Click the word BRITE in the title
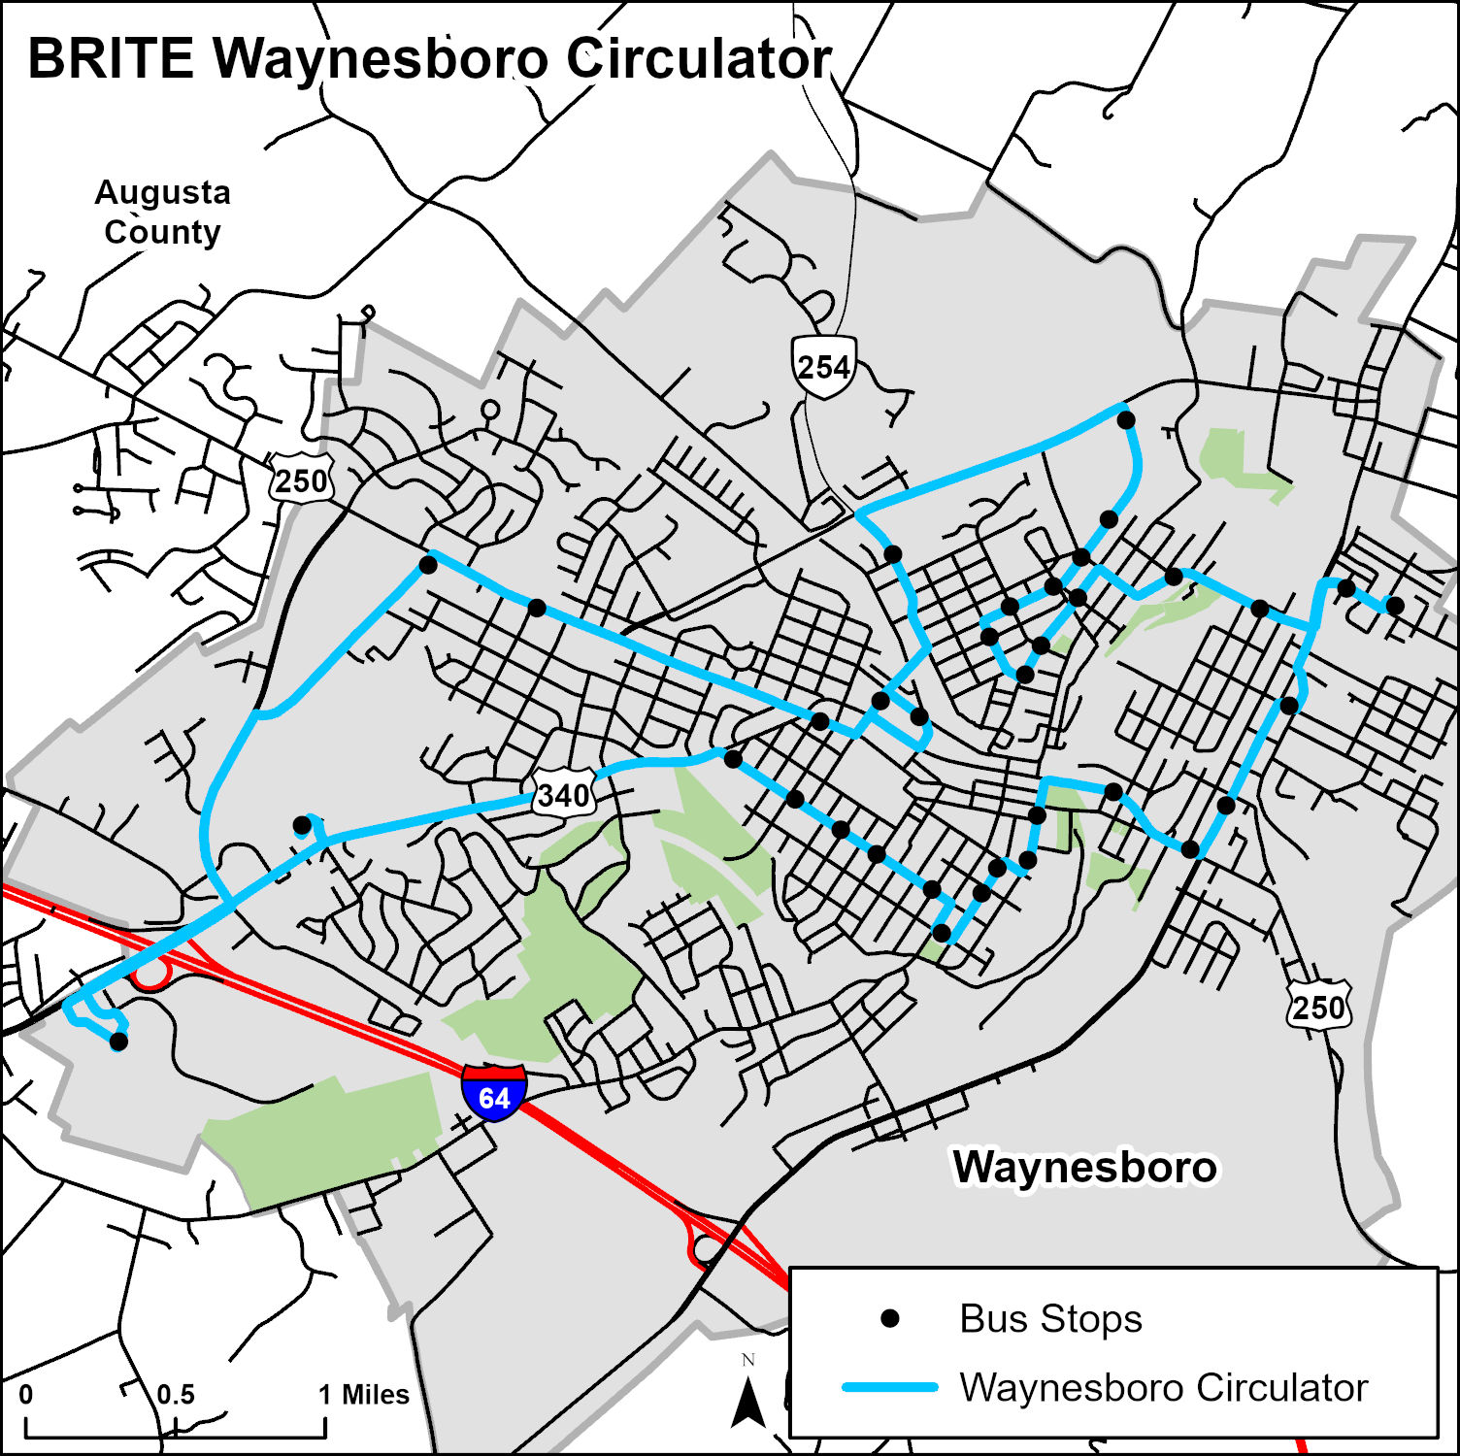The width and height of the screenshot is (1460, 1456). point(110,59)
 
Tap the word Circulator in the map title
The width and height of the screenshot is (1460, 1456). point(699,59)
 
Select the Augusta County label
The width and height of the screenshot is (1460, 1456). point(162,213)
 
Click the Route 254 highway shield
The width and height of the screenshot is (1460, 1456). point(823,366)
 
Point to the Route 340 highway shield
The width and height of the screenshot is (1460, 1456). point(563,795)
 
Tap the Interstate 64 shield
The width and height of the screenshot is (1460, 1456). point(494,1093)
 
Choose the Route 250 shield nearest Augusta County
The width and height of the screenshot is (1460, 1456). point(301,480)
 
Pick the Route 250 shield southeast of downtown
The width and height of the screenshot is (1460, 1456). point(1318,1007)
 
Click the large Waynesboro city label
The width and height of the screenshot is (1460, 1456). point(1084,1167)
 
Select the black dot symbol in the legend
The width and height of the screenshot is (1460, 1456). point(889,1318)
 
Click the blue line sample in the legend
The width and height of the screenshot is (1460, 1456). point(889,1387)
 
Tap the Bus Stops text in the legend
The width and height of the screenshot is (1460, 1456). point(1050,1318)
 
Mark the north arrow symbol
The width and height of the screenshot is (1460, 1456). point(747,1403)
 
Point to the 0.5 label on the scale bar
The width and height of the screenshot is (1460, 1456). point(176,1395)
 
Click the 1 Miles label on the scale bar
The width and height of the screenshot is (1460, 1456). point(364,1395)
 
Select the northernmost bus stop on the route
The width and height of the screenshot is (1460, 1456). point(1126,420)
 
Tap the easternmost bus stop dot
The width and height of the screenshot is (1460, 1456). point(1395,606)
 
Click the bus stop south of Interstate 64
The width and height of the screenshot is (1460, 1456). point(118,1042)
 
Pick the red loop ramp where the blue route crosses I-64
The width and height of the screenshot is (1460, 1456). point(151,973)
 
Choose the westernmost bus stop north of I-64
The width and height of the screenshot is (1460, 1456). point(302,825)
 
